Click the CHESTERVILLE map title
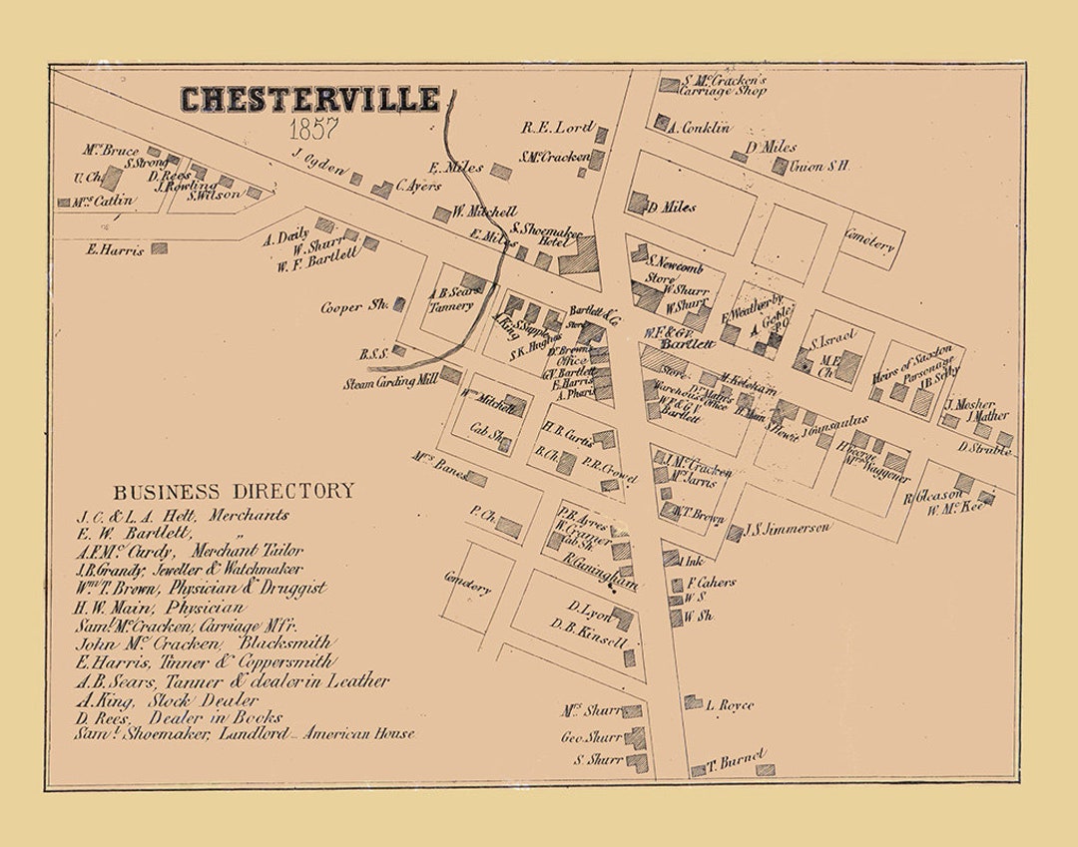[309, 100]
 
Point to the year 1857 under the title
[313, 129]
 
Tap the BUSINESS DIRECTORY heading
[233, 491]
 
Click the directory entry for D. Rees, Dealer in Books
[179, 717]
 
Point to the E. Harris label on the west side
[115, 249]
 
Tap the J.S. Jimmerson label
[788, 528]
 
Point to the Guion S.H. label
[819, 166]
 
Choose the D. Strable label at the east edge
[984, 449]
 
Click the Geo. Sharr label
[592, 738]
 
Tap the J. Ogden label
[318, 160]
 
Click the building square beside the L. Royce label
[693, 702]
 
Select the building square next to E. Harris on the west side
[159, 248]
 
